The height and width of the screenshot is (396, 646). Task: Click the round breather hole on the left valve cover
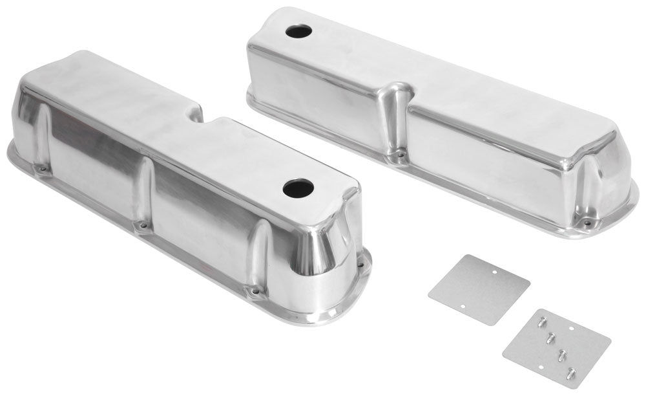[298, 188]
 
